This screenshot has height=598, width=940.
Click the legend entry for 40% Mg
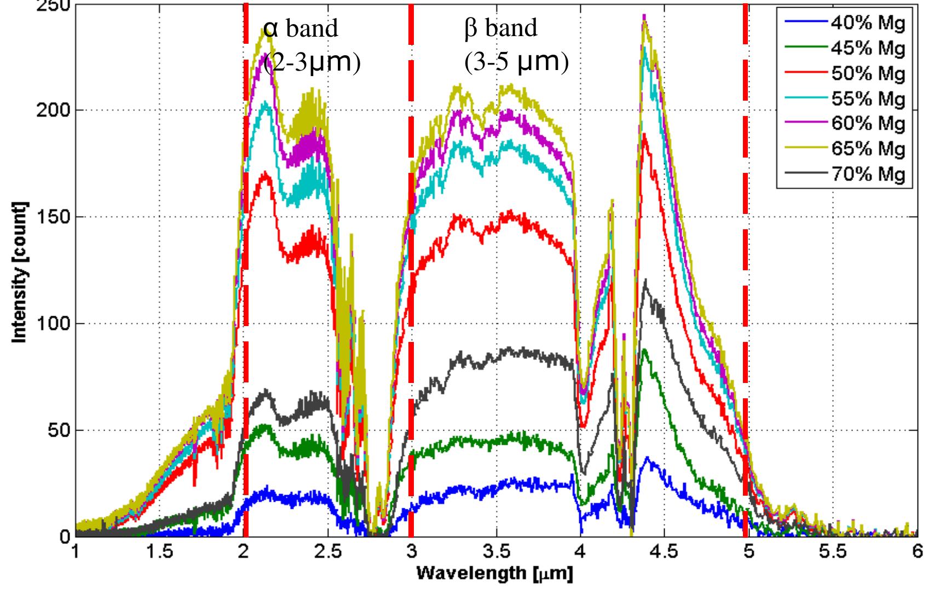868,23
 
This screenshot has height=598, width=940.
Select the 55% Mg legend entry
868,98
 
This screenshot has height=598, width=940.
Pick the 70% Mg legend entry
868,175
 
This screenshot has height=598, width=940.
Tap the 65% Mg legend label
868,149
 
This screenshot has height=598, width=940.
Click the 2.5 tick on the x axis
327,553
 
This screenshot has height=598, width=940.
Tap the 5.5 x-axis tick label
833,553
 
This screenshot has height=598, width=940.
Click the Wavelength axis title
495,574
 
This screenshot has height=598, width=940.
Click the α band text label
301,28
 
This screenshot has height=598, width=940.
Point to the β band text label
501,28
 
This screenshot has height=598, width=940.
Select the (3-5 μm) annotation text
516,62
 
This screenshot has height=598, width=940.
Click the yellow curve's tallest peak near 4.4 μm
644,20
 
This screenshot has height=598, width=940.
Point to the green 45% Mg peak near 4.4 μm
644,350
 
